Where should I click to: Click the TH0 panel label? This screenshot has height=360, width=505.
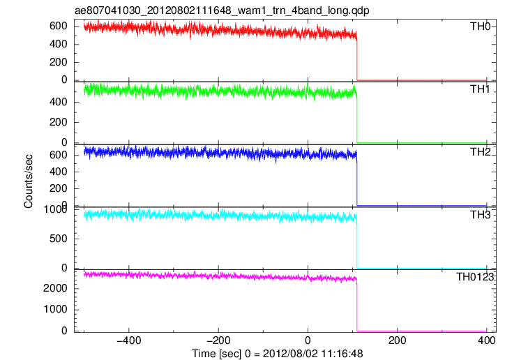click(480, 26)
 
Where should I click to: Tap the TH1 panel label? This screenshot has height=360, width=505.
click(480, 89)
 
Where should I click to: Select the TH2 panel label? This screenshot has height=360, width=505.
click(480, 151)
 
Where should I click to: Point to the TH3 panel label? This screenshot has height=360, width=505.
click(480, 214)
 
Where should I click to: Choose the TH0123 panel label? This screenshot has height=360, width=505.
click(475, 276)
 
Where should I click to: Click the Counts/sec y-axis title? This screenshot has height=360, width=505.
click(29, 181)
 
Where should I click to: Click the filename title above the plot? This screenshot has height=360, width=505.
click(222, 10)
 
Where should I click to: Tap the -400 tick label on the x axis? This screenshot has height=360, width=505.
click(129, 340)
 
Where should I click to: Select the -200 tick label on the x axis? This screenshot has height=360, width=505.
click(218, 340)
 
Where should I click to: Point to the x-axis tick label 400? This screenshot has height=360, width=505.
click(487, 340)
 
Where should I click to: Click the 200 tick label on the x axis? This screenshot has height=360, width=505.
click(397, 340)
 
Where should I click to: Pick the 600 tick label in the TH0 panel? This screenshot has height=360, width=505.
click(59, 26)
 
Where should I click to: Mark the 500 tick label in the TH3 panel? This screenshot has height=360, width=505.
click(59, 239)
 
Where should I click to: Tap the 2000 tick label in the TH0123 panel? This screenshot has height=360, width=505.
click(55, 288)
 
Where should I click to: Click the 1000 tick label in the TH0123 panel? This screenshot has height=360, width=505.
click(55, 309)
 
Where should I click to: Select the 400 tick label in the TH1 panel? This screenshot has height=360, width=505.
click(59, 102)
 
